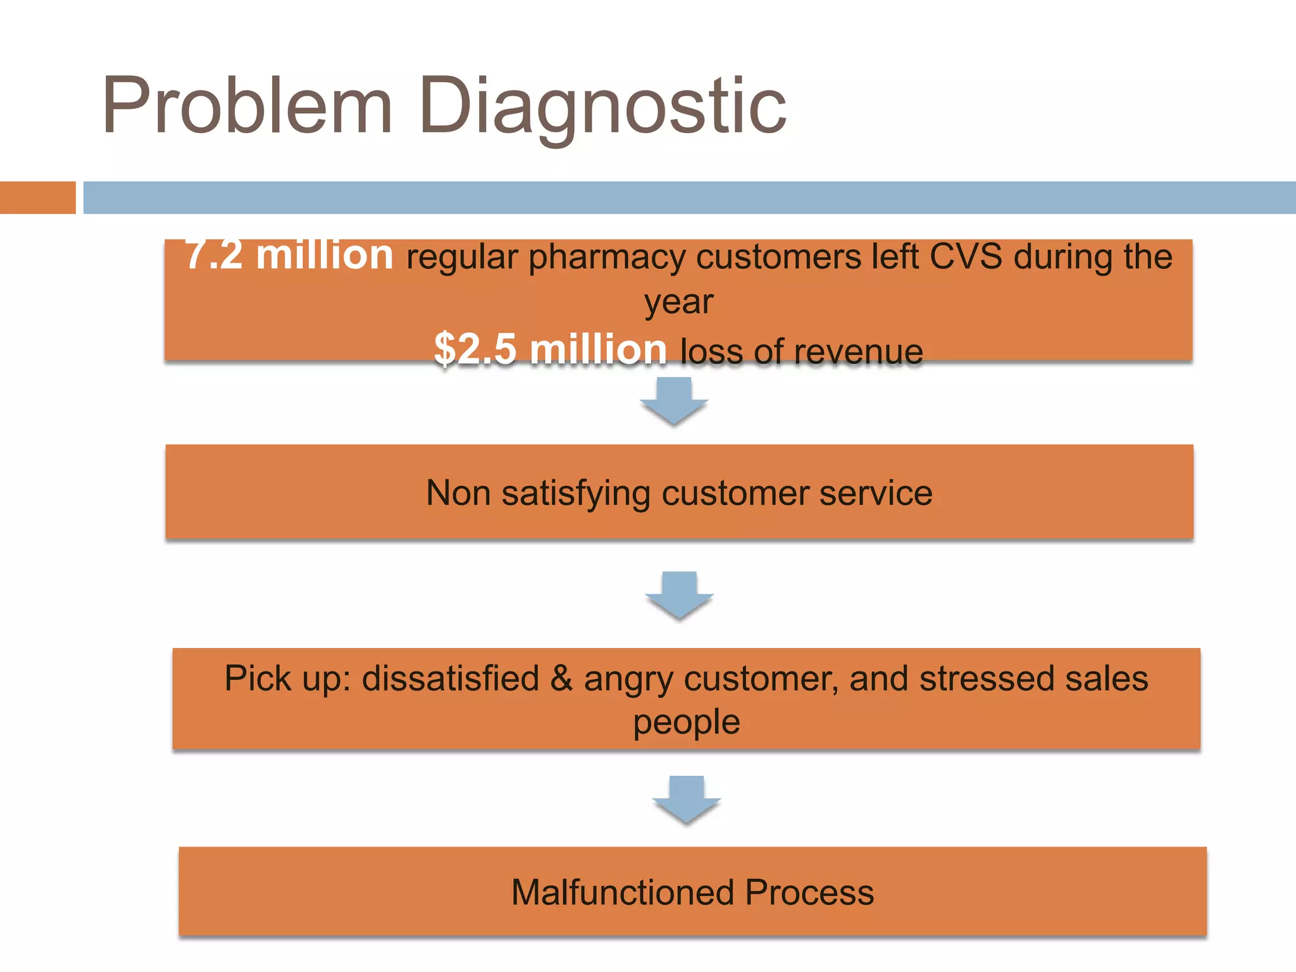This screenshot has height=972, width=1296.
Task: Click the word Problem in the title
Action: (x=247, y=106)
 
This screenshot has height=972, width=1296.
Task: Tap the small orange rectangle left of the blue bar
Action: (x=37, y=197)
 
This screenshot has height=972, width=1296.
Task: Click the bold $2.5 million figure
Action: (x=551, y=349)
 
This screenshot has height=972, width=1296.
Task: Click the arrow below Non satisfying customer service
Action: (x=679, y=595)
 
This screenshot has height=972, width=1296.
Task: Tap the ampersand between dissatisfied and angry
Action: (x=561, y=678)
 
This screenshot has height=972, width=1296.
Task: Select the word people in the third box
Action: (x=687, y=722)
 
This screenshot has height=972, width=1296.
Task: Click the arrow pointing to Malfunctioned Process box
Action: (x=687, y=799)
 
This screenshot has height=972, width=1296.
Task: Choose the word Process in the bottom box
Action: (x=809, y=893)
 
